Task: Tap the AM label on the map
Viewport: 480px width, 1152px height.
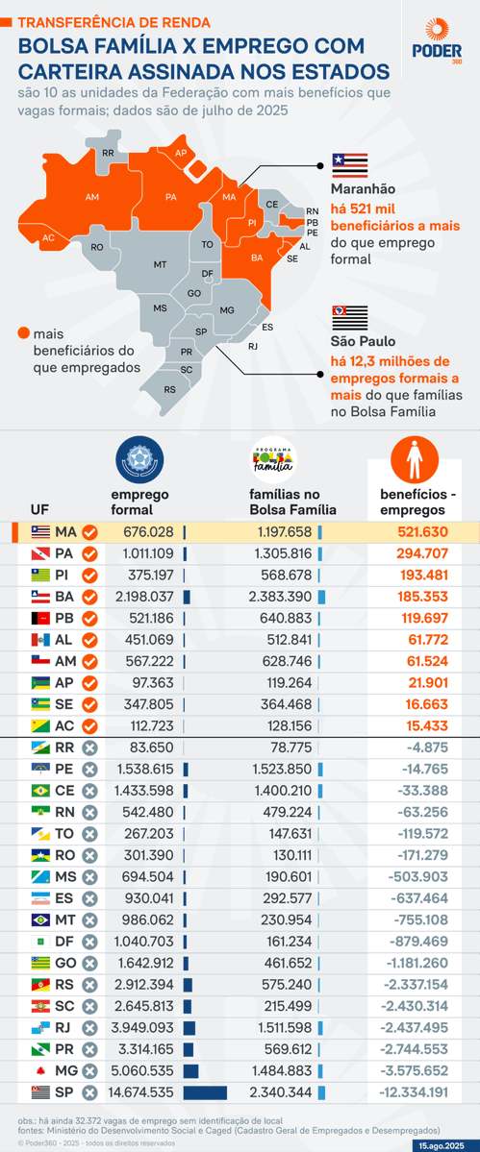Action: click(92, 197)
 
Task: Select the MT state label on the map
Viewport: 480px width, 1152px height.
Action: click(160, 263)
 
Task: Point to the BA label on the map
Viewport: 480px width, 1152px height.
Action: click(257, 257)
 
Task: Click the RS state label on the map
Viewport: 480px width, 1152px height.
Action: click(169, 389)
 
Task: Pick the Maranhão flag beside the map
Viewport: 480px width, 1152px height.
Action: click(350, 164)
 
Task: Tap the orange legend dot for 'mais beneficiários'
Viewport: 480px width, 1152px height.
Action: click(22, 333)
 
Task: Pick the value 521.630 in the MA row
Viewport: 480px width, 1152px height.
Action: click(421, 532)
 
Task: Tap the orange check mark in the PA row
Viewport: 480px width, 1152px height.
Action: click(89, 553)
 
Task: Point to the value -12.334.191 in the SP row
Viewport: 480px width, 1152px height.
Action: click(413, 1091)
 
